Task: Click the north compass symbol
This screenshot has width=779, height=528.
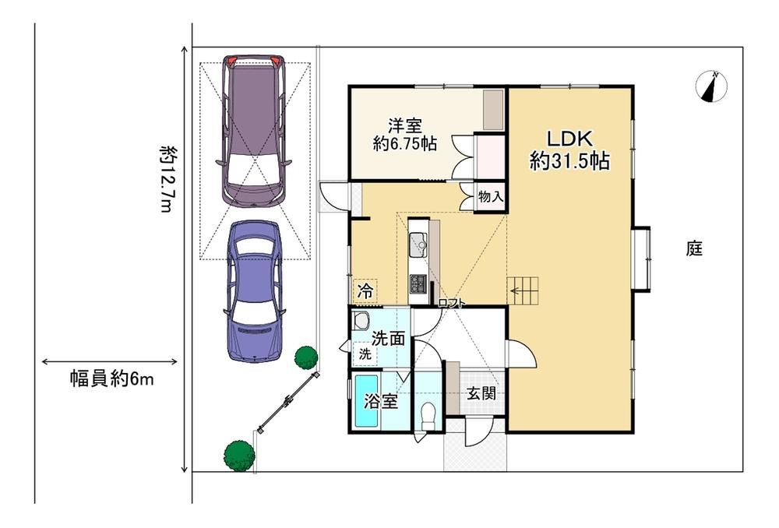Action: pyautogui.click(x=711, y=87)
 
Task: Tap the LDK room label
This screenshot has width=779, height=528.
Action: pyautogui.click(x=569, y=138)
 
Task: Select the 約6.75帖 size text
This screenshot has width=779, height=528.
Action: pyautogui.click(x=405, y=144)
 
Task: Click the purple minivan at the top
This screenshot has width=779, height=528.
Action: pyautogui.click(x=253, y=131)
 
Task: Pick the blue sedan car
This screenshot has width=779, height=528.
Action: pyautogui.click(x=255, y=291)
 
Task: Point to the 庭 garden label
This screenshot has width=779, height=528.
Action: pyautogui.click(x=694, y=248)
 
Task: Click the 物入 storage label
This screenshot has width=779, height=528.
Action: pyautogui.click(x=490, y=197)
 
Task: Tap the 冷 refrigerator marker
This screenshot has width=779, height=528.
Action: pyautogui.click(x=365, y=291)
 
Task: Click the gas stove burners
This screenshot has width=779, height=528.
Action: pyautogui.click(x=418, y=283)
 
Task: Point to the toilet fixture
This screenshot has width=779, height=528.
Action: pyautogui.click(x=427, y=416)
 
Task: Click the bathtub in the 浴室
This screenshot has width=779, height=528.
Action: pyautogui.click(x=365, y=402)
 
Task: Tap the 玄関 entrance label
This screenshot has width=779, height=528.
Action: pyautogui.click(x=481, y=394)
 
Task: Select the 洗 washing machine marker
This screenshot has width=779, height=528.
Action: pyautogui.click(x=365, y=354)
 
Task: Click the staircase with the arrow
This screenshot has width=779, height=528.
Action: pyautogui.click(x=523, y=291)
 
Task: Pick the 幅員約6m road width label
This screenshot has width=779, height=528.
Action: pyautogui.click(x=111, y=379)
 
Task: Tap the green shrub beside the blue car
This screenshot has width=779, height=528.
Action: pyautogui.click(x=305, y=357)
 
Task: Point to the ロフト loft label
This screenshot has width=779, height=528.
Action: pyautogui.click(x=452, y=302)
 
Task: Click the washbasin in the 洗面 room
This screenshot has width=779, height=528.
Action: pyautogui.click(x=360, y=319)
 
